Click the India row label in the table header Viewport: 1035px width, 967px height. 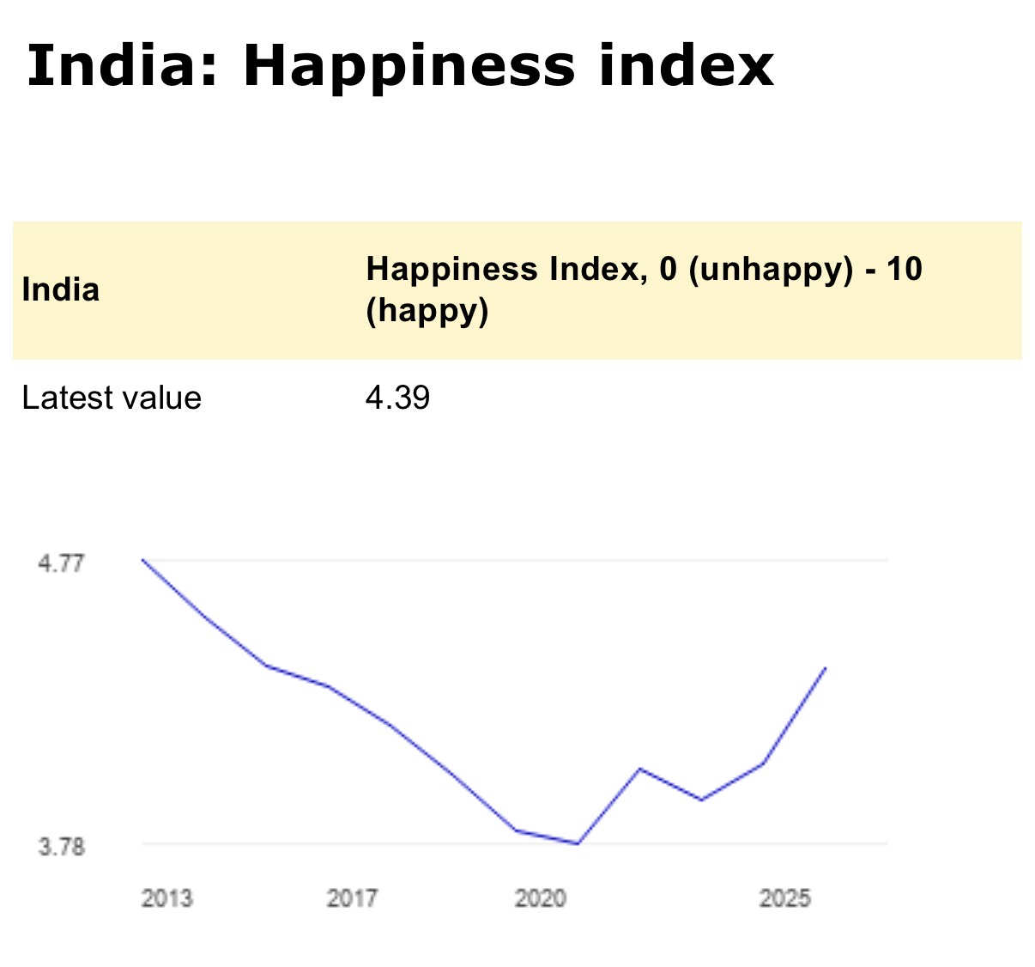(60, 289)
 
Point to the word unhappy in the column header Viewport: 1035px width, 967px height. (770, 270)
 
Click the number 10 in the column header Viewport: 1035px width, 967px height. (904, 269)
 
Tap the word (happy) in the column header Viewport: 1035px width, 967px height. (427, 310)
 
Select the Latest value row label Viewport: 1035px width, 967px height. (112, 398)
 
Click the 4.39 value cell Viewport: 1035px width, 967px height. (397, 398)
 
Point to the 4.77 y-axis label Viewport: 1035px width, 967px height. (61, 563)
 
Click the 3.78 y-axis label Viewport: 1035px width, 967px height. (61, 847)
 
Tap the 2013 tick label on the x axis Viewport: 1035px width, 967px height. (166, 898)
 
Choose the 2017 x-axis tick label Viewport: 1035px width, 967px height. (352, 898)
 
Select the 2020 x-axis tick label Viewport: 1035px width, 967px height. (540, 898)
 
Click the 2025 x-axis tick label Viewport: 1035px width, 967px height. (784, 898)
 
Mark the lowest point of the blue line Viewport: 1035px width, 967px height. (578, 843)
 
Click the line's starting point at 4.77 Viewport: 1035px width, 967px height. (142, 560)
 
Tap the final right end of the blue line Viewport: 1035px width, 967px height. (826, 667)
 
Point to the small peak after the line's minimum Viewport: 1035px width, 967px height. (639, 769)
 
